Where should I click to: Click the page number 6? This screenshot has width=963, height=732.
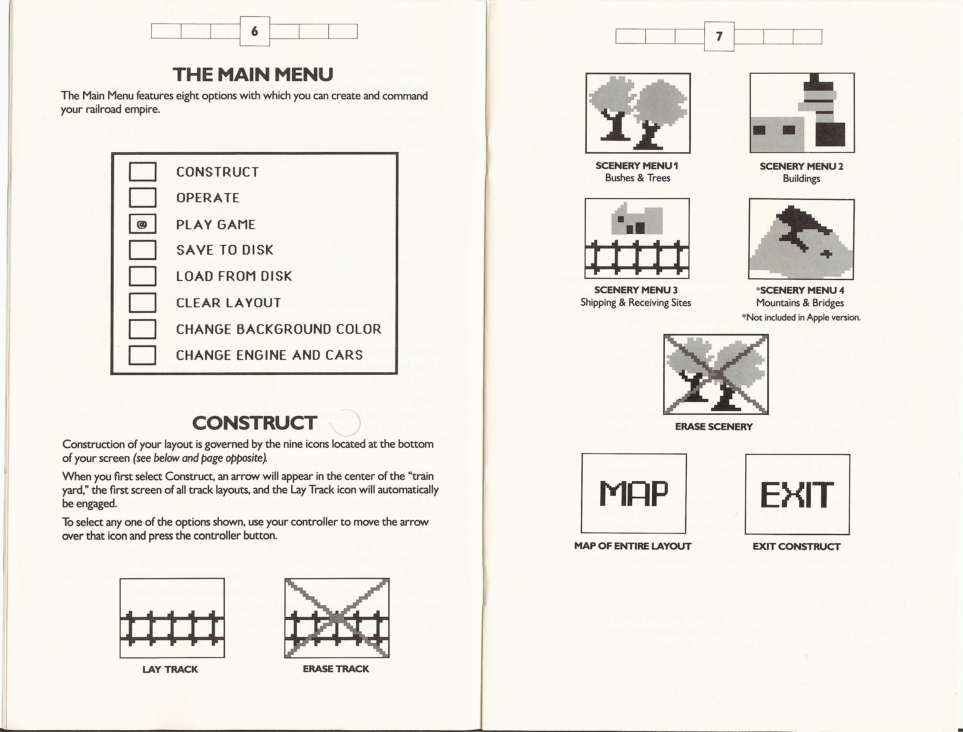(255, 31)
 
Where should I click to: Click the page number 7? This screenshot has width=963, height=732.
(719, 37)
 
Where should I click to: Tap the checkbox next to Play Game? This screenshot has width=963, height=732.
(142, 224)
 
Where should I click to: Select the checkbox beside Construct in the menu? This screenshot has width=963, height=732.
(142, 172)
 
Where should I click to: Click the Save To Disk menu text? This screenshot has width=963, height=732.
(225, 250)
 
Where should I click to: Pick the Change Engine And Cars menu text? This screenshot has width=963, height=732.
(269, 355)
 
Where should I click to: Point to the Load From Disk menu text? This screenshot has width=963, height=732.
(234, 276)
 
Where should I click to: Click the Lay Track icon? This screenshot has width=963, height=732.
(172, 618)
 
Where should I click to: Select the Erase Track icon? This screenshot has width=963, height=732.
(337, 618)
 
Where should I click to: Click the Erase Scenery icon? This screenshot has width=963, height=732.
(715, 374)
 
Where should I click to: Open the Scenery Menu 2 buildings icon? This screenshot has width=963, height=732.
(802, 113)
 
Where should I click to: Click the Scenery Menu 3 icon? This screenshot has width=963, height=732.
(637, 238)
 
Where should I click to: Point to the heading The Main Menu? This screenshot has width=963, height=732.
(253, 75)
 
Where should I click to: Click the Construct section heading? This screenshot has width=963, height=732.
(255, 423)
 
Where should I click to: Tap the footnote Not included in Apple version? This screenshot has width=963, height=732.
(801, 317)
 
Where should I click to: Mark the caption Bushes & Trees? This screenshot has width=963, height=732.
(637, 178)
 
